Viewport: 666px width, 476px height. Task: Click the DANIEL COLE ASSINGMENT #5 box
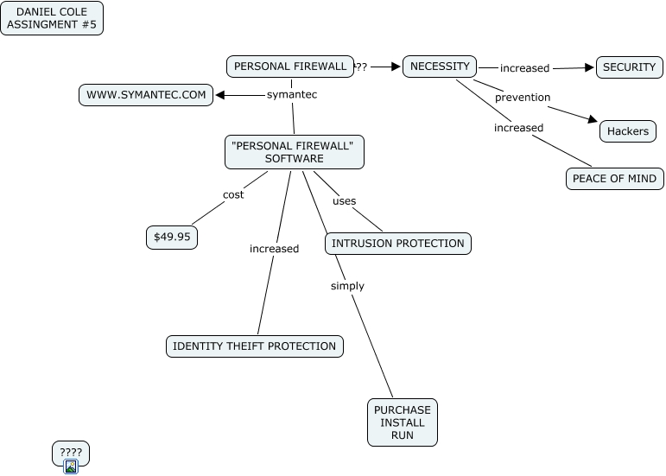(x=52, y=18)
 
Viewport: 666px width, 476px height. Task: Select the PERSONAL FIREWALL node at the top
(x=290, y=66)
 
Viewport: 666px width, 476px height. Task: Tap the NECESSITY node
(x=440, y=66)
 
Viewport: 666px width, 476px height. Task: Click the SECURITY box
(x=629, y=67)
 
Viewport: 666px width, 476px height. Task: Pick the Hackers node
(x=628, y=131)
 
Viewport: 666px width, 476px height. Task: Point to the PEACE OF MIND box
(x=615, y=179)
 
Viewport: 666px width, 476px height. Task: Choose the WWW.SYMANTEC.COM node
(x=146, y=95)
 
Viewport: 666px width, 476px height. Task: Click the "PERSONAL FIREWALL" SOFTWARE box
(x=295, y=152)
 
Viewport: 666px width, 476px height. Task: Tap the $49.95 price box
(x=172, y=237)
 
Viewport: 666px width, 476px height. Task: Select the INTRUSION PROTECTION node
(x=398, y=244)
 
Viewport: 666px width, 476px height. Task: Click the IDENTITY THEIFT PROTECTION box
(x=254, y=346)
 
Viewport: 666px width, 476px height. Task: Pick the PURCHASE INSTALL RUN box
(x=403, y=422)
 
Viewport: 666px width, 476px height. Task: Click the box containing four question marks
(x=71, y=453)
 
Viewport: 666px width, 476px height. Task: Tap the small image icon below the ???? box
(x=71, y=467)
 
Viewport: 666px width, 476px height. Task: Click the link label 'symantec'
(x=292, y=95)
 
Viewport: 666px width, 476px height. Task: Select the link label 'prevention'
(x=523, y=98)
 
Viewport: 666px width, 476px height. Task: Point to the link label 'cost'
(x=233, y=194)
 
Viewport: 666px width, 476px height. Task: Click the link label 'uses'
(x=345, y=201)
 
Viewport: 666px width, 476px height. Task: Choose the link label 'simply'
(x=347, y=286)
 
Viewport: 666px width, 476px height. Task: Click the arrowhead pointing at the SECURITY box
(x=591, y=67)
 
